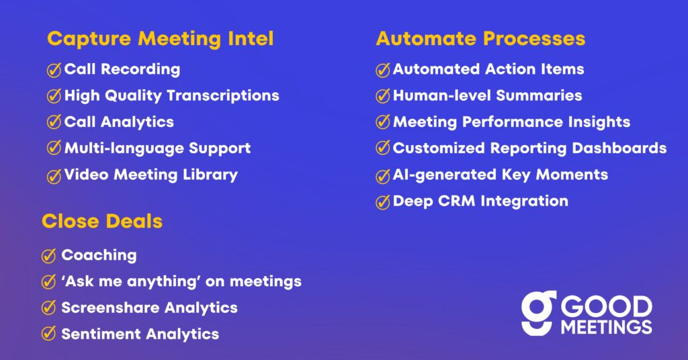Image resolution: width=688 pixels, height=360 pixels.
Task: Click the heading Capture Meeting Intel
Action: (160, 38)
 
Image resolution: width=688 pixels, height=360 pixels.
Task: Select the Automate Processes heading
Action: (480, 38)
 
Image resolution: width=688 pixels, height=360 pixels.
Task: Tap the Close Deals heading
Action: (102, 222)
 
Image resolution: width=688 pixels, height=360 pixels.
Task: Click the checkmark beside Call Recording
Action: (54, 70)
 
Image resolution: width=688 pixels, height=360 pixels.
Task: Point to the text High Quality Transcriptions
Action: (171, 95)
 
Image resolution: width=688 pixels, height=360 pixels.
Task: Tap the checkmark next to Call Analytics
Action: (54, 122)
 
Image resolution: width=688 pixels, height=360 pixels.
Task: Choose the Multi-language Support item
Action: (157, 148)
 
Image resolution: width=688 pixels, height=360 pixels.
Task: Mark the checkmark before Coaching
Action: (48, 256)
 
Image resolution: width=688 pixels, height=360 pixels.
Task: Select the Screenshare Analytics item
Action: (149, 308)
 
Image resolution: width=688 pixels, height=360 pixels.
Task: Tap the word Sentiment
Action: (101, 334)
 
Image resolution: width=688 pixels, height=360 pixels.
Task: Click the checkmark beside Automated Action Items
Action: (383, 70)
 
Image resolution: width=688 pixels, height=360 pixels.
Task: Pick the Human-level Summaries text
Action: (488, 95)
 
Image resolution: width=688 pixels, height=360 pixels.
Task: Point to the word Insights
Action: (599, 122)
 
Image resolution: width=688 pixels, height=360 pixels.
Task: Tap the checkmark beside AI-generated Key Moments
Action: (383, 176)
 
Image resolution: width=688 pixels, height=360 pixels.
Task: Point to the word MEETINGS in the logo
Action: (607, 327)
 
